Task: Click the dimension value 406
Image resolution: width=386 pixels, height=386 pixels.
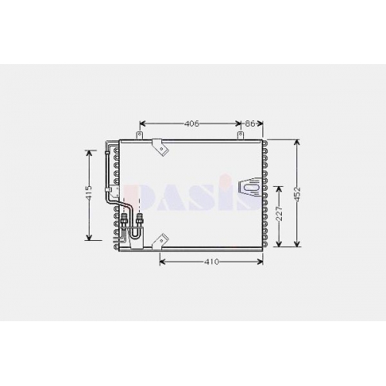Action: (192, 124)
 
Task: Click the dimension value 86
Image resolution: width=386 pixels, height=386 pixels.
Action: (250, 124)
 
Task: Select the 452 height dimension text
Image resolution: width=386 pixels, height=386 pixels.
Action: (297, 194)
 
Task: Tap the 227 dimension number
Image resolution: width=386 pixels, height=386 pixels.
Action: (279, 213)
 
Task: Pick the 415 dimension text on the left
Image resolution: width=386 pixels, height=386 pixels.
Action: (89, 192)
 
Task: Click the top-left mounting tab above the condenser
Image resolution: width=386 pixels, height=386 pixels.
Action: (140, 135)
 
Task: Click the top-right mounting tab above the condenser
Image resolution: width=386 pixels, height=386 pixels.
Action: (240, 135)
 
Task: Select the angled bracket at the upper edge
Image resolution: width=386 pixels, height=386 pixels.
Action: (161, 147)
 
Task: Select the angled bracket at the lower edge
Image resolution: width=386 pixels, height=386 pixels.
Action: (160, 241)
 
